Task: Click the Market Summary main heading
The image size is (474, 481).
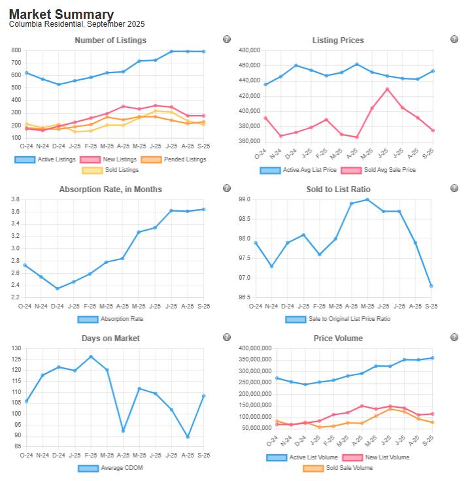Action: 61,14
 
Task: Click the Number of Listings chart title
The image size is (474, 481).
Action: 110,41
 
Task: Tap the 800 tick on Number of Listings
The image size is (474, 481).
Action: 16,50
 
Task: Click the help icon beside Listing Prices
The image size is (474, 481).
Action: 454,39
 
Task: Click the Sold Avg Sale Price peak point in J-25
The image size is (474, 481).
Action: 387,89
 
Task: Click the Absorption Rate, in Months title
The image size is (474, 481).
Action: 110,190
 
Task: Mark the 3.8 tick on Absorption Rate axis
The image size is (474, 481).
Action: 15,199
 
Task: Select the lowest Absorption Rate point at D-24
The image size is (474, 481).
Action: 58,288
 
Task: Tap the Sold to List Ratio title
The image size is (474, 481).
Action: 338,190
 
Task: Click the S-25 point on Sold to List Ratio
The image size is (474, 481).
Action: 432,286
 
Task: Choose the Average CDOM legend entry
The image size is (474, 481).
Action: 110,468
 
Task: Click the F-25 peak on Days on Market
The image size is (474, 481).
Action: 91,357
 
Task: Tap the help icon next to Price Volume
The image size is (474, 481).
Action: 454,337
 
